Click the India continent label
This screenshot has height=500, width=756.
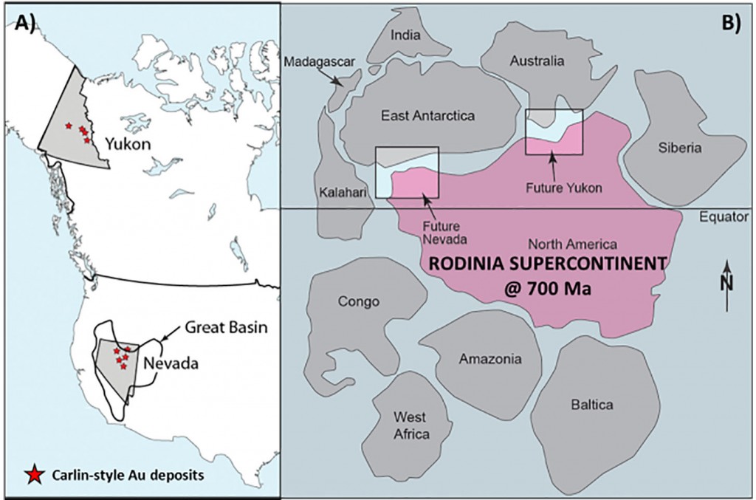[x=405, y=35]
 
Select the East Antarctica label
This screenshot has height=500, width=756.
[x=428, y=116]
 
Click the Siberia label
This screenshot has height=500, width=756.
[x=680, y=148]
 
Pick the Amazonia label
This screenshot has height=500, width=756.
[x=490, y=360]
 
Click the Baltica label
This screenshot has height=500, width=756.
[x=592, y=404]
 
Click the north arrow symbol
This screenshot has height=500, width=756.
[x=728, y=285]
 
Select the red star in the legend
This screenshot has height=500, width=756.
[x=33, y=475]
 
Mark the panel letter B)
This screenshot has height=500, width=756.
[x=731, y=23]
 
